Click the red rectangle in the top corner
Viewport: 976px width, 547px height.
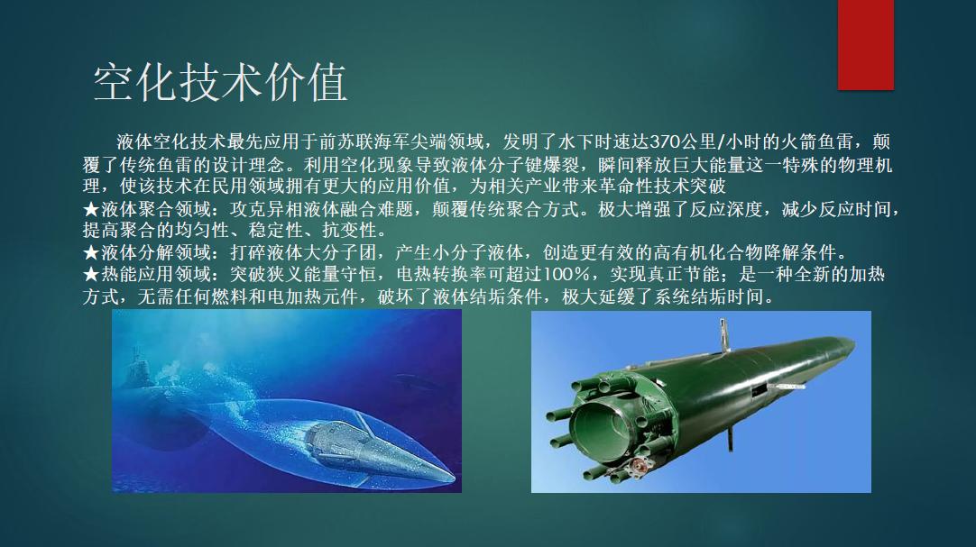865,45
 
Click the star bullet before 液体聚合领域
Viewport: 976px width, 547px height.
91,209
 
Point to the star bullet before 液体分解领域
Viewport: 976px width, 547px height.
91,252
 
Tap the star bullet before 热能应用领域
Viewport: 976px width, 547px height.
91,274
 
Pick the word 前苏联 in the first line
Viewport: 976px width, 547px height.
346,142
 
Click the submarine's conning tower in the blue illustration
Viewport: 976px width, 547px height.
135,368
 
